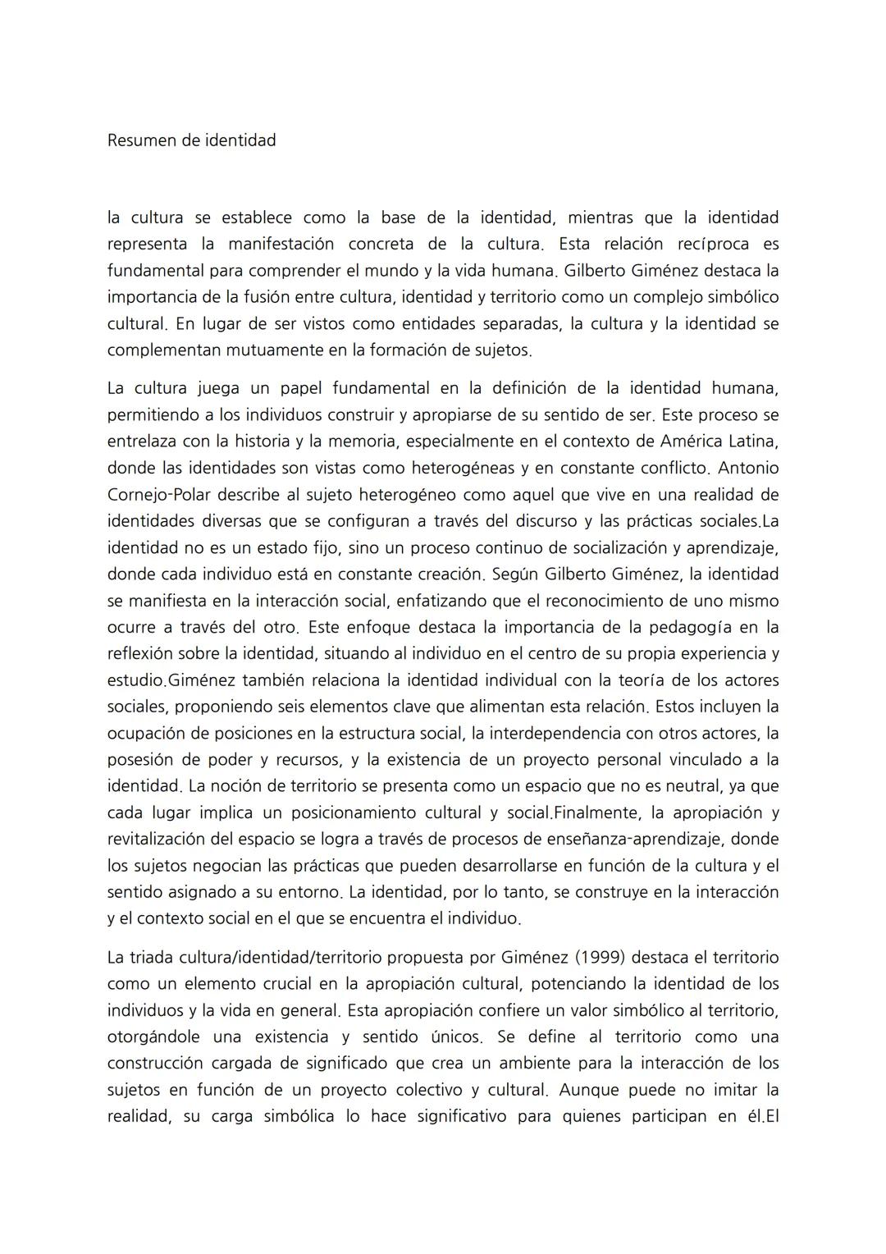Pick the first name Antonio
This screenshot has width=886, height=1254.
[750, 468]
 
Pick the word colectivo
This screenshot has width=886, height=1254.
[433, 1091]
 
